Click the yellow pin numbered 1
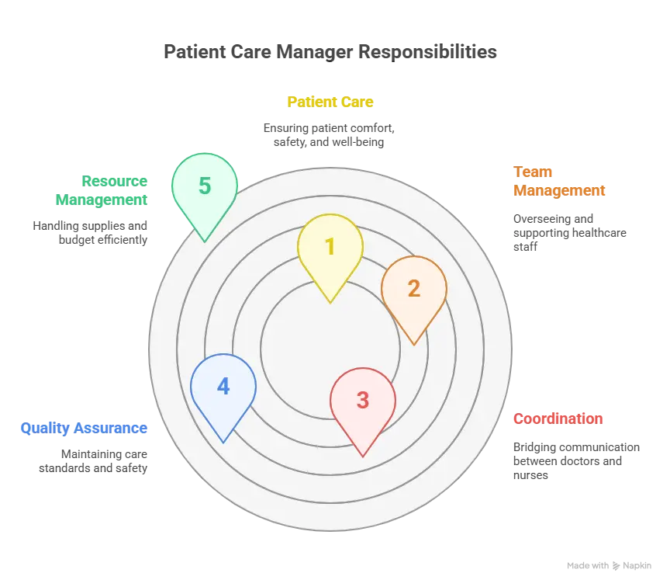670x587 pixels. pyautogui.click(x=330, y=247)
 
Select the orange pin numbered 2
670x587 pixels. pyautogui.click(x=413, y=289)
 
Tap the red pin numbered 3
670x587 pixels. pyautogui.click(x=362, y=400)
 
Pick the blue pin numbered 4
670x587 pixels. pyautogui.click(x=223, y=387)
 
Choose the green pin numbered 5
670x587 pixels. pyautogui.click(x=204, y=186)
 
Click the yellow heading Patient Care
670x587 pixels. pyautogui.click(x=331, y=102)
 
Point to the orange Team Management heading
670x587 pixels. pyautogui.click(x=558, y=181)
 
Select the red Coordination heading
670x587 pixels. pyautogui.click(x=558, y=419)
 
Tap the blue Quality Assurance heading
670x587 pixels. pyautogui.click(x=84, y=428)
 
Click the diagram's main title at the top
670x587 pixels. pyautogui.click(x=331, y=54)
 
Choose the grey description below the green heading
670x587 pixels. pyautogui.click(x=91, y=233)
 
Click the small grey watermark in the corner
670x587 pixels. pyautogui.click(x=607, y=565)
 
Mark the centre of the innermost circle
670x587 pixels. pyautogui.click(x=330, y=349)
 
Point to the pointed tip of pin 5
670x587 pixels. pyautogui.click(x=204, y=241)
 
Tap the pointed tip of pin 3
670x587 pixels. pyautogui.click(x=362, y=456)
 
